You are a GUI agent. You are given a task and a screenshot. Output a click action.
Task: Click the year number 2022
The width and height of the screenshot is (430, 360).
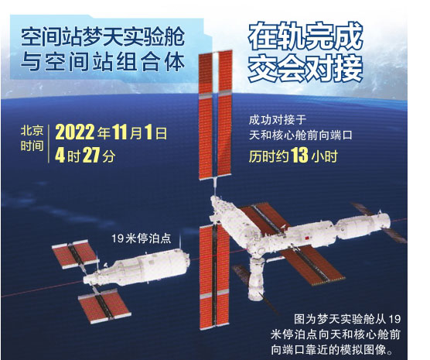[74, 132]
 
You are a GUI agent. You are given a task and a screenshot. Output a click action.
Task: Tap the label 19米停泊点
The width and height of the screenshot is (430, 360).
[141, 238]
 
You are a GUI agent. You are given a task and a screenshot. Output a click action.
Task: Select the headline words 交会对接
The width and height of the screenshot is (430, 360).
[305, 68]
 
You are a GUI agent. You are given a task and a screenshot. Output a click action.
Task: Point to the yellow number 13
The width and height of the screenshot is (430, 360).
[299, 156]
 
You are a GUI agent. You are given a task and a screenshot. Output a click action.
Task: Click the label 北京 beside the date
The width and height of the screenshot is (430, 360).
[32, 131]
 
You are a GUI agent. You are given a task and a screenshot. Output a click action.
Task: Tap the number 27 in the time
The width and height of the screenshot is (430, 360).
[90, 156]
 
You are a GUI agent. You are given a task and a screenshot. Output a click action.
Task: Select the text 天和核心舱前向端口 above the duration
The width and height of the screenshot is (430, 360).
[300, 135]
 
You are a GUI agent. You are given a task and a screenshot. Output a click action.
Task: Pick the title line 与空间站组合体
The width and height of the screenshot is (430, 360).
[103, 63]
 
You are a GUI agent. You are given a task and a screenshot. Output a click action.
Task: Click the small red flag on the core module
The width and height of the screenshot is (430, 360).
[307, 237]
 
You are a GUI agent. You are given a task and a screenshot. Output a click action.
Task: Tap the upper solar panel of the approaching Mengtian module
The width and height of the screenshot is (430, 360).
[74, 254]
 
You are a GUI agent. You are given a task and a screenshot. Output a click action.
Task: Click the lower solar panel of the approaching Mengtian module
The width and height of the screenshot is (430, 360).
[104, 306]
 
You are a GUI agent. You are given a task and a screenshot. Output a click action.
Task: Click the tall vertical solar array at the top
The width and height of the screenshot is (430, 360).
[216, 115]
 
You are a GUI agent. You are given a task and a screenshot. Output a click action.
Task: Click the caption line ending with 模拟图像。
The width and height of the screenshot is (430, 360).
[336, 350]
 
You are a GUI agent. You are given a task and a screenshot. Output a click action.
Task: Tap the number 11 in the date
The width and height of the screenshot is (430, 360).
[120, 132]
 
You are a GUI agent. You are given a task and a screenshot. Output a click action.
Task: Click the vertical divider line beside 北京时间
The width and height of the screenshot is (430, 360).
[49, 144]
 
